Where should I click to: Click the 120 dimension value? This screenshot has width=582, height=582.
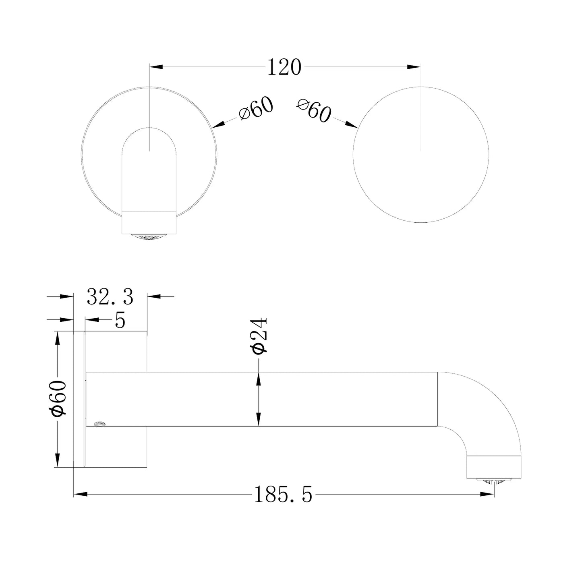click(284, 67)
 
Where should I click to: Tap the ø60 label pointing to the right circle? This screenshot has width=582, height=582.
click(314, 110)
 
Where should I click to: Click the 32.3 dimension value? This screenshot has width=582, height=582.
click(110, 296)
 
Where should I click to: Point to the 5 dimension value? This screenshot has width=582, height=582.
click(120, 320)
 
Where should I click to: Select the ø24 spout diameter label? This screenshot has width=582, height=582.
click(259, 335)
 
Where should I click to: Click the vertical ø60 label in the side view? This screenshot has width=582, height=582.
click(58, 399)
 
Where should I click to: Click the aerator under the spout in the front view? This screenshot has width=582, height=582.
click(149, 236)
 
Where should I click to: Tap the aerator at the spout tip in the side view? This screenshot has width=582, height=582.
click(493, 481)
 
